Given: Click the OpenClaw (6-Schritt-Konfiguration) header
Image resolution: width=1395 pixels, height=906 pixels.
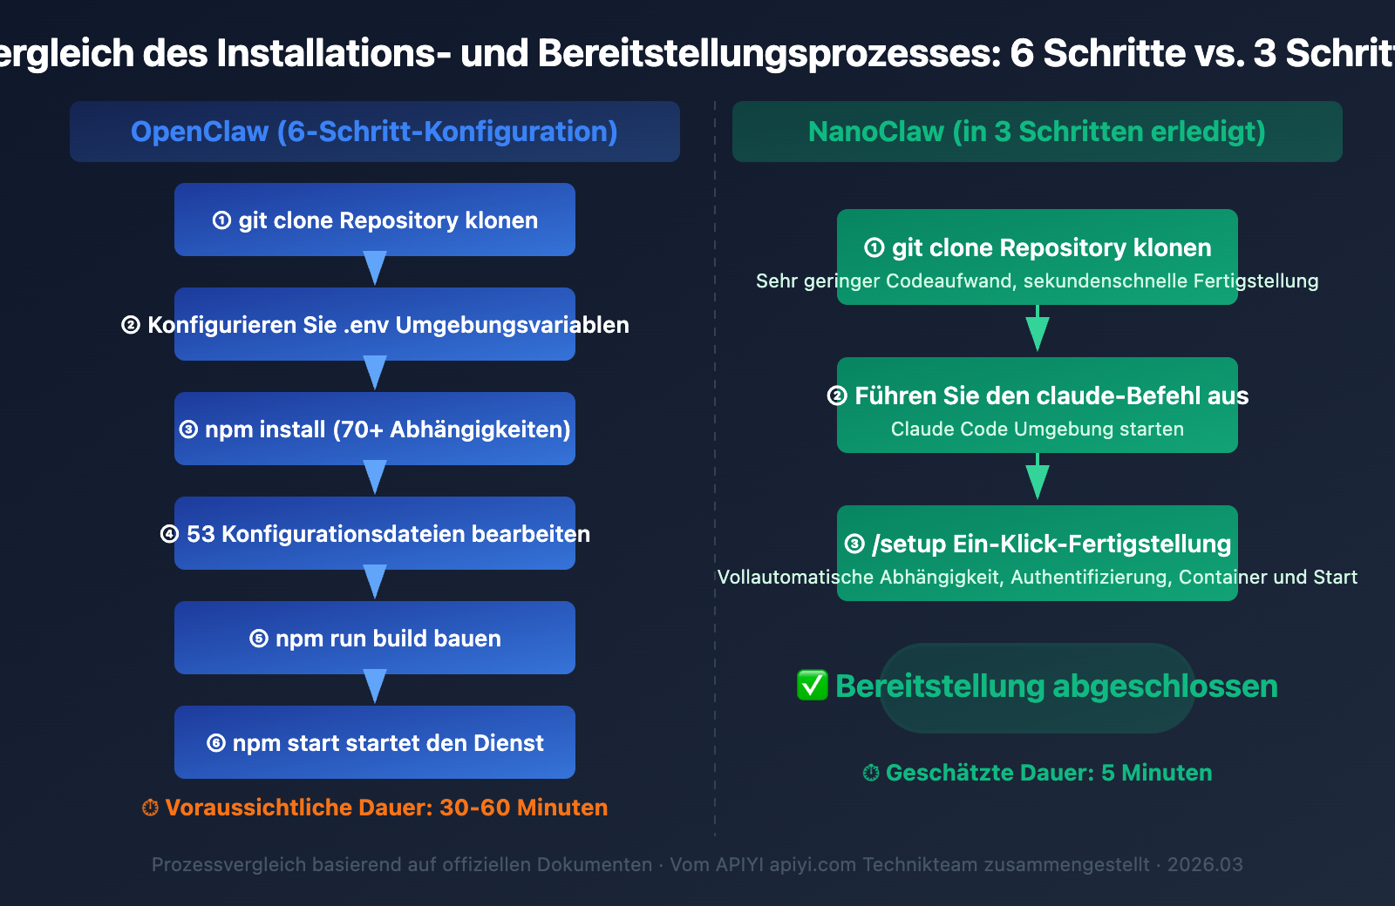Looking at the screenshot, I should pos(374,132).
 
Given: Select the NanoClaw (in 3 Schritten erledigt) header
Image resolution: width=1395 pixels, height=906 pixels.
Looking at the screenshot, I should pos(1037,132).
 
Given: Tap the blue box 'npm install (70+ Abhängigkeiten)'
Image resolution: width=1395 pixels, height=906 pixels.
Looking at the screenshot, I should pos(375,429).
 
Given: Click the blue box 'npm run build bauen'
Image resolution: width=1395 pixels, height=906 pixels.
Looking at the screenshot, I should pos(375,638).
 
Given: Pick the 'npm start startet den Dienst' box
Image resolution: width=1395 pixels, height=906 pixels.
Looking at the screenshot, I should pos(375,742).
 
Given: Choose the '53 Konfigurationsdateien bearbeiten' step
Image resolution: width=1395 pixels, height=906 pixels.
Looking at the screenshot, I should pos(375,533).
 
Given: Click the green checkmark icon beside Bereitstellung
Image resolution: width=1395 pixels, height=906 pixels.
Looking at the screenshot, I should pos(813,686).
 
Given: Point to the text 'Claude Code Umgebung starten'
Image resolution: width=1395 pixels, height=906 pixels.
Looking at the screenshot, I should pos(1037,429).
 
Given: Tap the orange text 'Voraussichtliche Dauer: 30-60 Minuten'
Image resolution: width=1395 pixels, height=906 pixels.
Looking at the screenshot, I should pos(385,808).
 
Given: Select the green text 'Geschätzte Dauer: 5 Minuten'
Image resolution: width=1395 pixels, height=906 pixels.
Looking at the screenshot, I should pos(1048,773).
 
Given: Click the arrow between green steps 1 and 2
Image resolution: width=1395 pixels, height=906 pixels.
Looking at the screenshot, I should pos(1037,329).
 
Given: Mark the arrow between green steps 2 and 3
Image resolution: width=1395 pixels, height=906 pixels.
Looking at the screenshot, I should pos(1037,477).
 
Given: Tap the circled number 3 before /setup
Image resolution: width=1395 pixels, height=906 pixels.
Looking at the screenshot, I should pos(854,544).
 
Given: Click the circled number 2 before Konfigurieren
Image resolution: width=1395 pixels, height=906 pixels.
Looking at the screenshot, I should pos(131,325).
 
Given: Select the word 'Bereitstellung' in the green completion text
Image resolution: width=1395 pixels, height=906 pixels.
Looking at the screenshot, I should pos(940,686).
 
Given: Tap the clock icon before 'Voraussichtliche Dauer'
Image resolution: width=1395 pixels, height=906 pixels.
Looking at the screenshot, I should pos(150,808).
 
